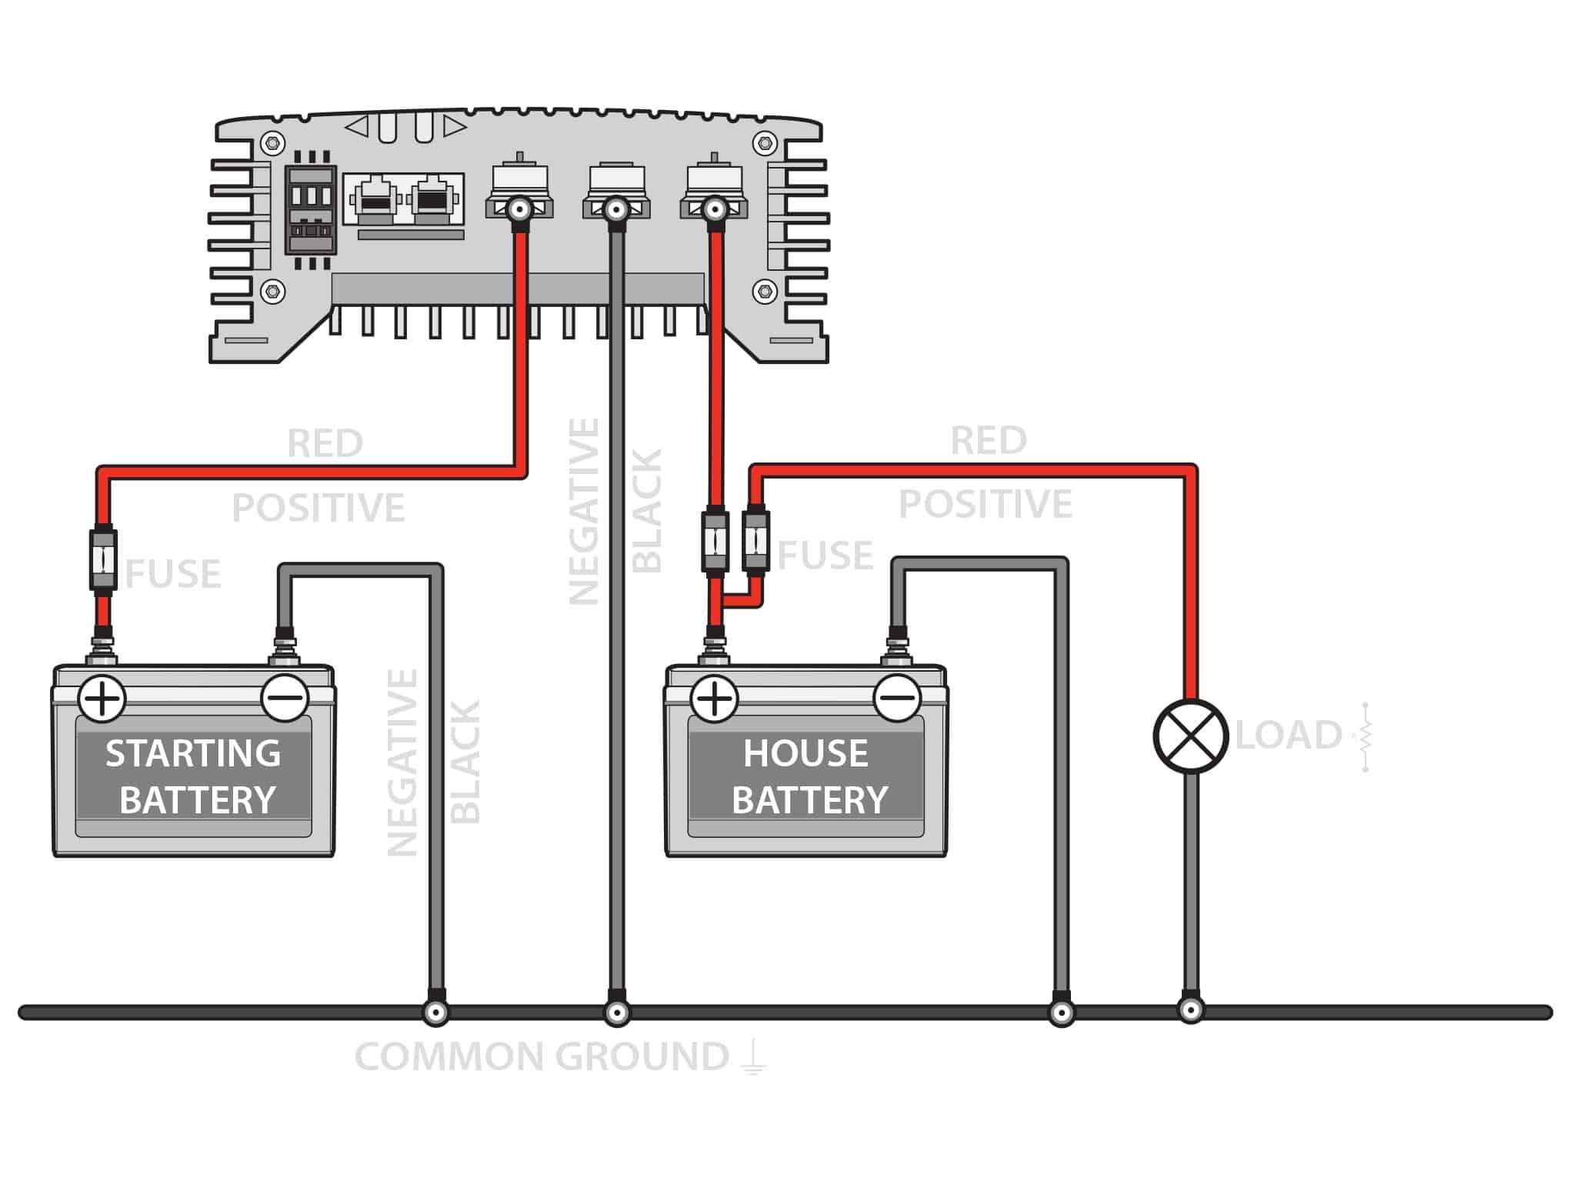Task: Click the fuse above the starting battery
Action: pyautogui.click(x=103, y=559)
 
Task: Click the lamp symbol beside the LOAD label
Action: pyautogui.click(x=1190, y=736)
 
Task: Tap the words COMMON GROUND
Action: pyautogui.click(x=542, y=1057)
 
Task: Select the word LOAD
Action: pyautogui.click(x=1289, y=735)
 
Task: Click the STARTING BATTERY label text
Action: pyautogui.click(x=194, y=776)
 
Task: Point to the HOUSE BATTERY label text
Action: pyautogui.click(x=807, y=776)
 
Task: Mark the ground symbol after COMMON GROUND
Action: pyautogui.click(x=753, y=1057)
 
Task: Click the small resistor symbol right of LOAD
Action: pyautogui.click(x=1365, y=736)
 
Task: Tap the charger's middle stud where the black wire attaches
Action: pyautogui.click(x=616, y=209)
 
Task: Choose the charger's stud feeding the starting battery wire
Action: pyautogui.click(x=519, y=209)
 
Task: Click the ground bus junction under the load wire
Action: pyautogui.click(x=1190, y=1010)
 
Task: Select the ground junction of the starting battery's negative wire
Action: pyautogui.click(x=435, y=1013)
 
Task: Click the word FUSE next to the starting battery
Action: pyautogui.click(x=174, y=574)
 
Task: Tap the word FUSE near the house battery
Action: pyautogui.click(x=826, y=555)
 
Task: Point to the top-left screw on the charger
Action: pyautogui.click(x=272, y=143)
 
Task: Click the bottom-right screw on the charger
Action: pyautogui.click(x=764, y=291)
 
